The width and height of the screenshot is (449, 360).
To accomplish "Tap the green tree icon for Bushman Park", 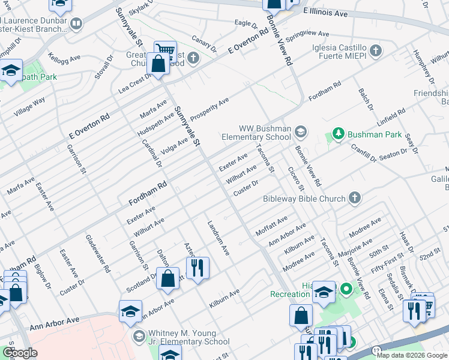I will point(338,134).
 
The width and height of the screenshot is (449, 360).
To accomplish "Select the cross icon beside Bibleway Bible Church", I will point(355,198).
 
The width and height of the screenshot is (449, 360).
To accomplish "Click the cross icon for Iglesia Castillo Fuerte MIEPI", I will point(376,49).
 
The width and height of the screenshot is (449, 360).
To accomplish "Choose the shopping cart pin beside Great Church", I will point(165,50).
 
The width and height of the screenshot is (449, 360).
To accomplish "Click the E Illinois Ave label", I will point(326,12).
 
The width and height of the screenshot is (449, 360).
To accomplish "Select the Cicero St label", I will point(293,179).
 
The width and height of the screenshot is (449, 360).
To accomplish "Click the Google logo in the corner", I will point(20,353).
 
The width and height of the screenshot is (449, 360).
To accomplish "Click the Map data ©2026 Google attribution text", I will point(412,355).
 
